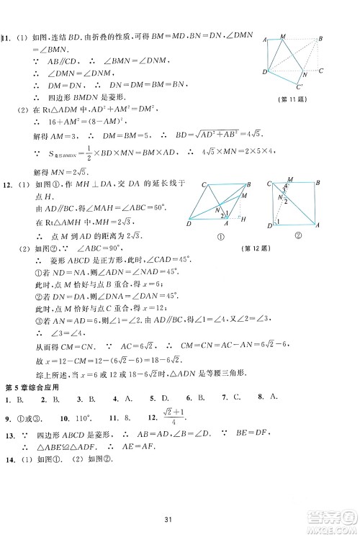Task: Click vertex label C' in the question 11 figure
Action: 319,70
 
